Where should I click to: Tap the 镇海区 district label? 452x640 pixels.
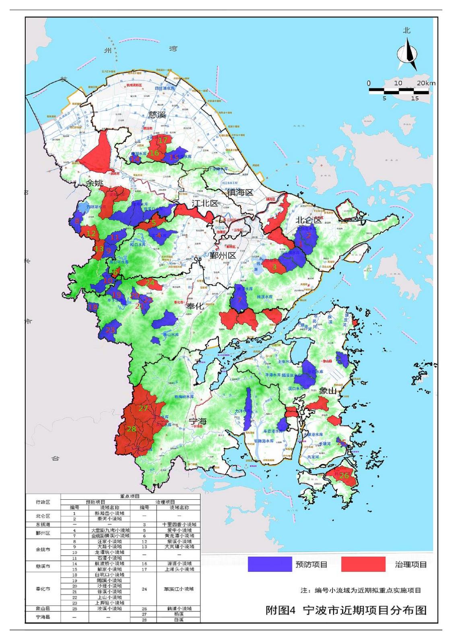pos(241,193)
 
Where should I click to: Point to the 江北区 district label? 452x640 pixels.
pos(204,203)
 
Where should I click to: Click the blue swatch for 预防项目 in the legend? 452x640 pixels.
pos(270,564)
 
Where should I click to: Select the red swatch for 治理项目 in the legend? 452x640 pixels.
pos(361,564)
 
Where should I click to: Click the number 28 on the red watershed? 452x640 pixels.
pos(131,429)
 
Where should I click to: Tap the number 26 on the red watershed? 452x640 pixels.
pos(344,476)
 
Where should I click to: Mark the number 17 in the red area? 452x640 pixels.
pos(163,140)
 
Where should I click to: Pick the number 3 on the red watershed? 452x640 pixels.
pos(274,266)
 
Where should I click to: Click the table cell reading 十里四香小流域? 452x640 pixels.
pos(179,525)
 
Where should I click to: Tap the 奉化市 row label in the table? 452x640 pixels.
pos(43,589)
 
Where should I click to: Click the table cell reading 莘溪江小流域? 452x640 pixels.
pos(179,589)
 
